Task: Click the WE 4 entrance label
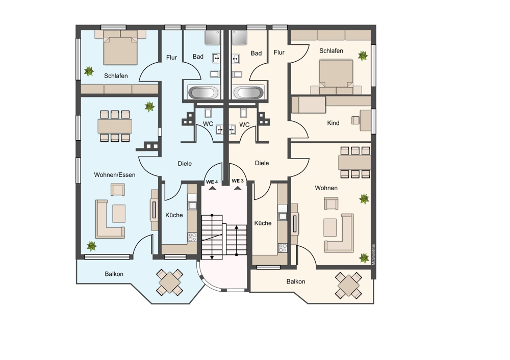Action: click(212, 182)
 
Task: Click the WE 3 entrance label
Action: click(238, 181)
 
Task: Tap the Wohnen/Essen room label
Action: click(114, 175)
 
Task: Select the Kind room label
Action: click(333, 123)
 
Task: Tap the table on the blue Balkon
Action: click(169, 282)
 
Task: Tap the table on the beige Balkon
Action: click(348, 286)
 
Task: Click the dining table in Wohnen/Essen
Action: click(115, 126)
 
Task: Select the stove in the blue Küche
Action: click(192, 237)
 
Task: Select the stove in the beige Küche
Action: click(283, 248)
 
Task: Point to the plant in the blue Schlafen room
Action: click(88, 71)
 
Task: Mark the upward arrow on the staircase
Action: click(237, 240)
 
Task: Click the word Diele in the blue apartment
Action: click(185, 164)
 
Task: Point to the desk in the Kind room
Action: click(365, 121)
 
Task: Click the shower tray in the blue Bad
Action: click(213, 38)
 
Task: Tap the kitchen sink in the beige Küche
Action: click(283, 216)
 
